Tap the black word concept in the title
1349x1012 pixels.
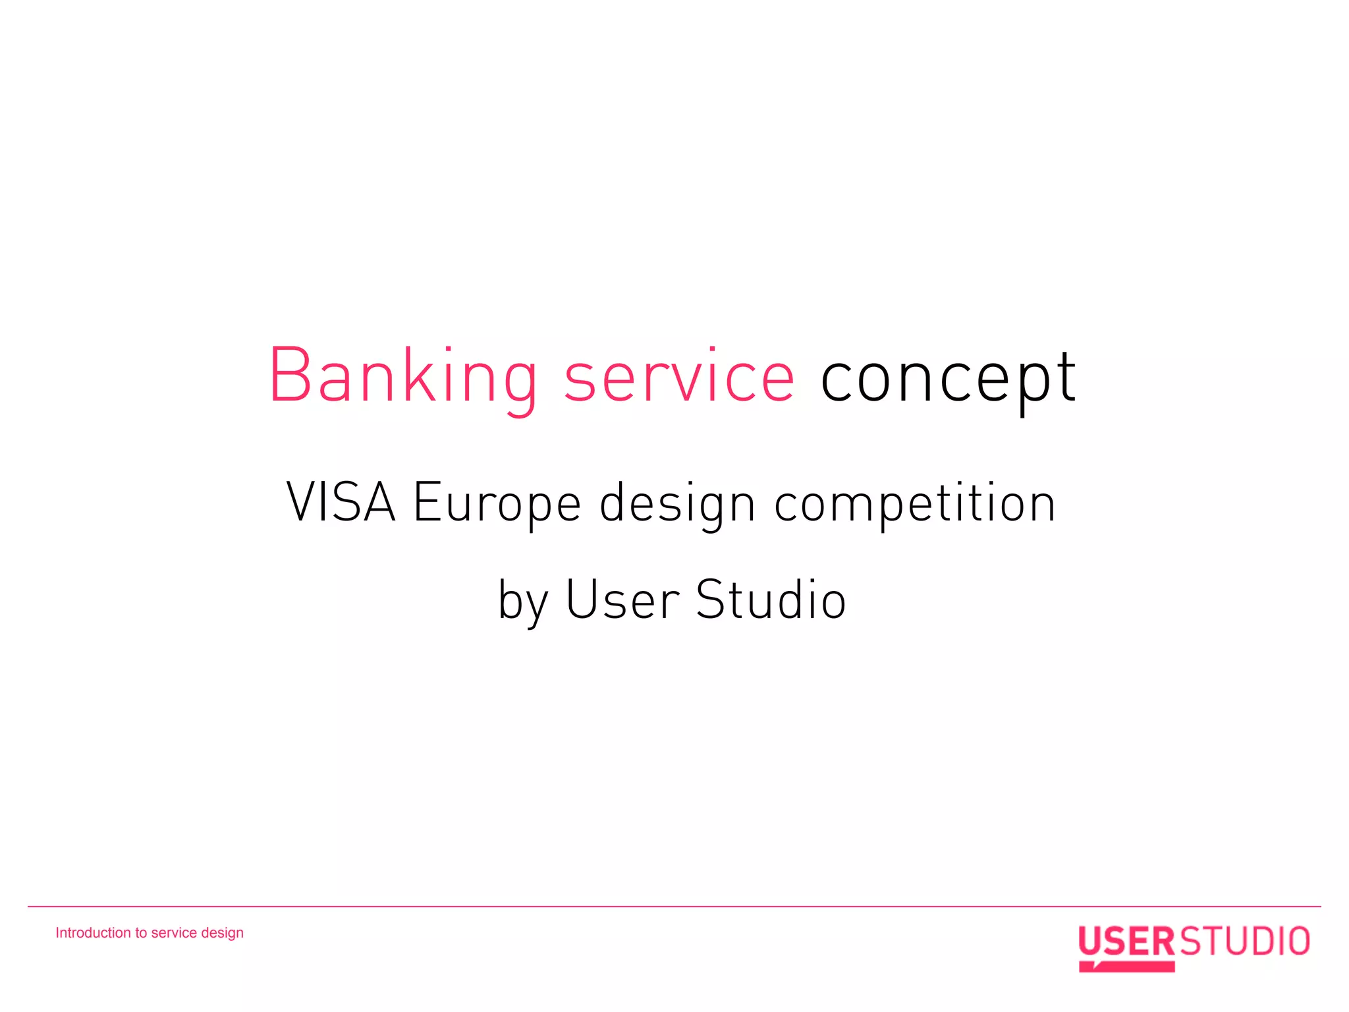click(949, 377)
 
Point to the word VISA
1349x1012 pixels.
click(341, 502)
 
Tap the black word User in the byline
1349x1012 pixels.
click(622, 600)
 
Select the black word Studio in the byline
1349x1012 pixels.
click(771, 600)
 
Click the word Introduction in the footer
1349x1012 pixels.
click(93, 933)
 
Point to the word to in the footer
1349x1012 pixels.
click(141, 933)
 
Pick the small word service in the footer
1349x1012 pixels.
click(174, 933)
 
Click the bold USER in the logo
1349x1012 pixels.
click(1126, 941)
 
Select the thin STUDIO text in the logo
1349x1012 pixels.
click(1244, 941)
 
